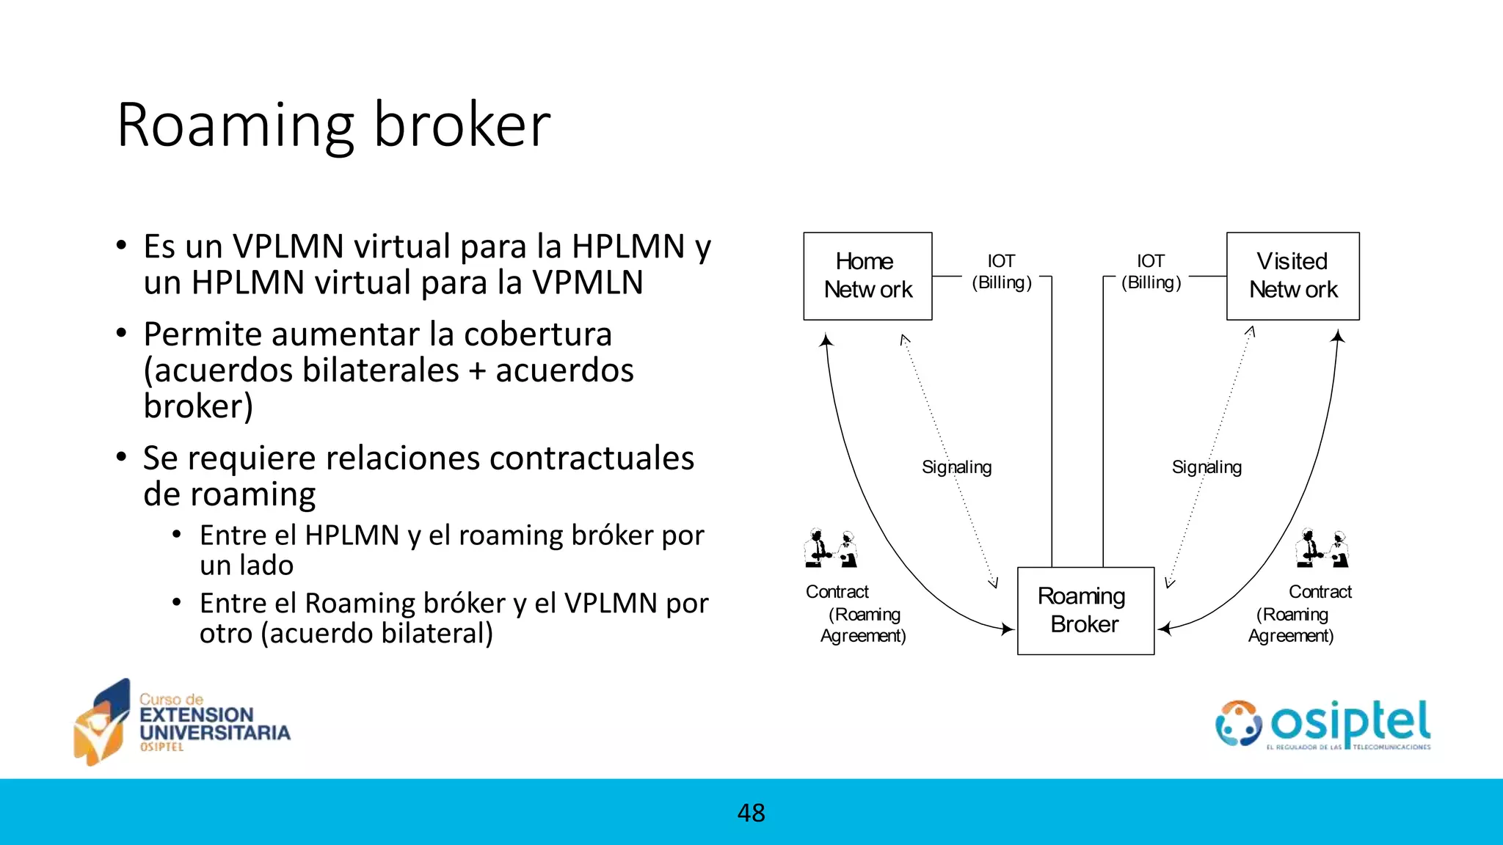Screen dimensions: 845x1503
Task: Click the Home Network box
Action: pos(867,276)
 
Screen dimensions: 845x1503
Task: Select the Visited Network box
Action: pos(1292,276)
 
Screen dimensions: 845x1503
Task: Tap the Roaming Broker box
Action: pos(1085,610)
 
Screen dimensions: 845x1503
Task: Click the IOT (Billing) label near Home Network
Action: pos(1002,272)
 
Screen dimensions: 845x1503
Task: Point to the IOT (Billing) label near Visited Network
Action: pos(1151,272)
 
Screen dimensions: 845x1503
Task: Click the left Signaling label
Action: pos(956,467)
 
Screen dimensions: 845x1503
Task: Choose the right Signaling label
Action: pos(1207,467)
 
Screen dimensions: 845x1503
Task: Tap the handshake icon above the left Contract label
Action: pos(831,548)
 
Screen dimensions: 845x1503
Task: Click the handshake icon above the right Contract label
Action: pos(1322,548)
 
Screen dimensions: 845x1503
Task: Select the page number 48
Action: pos(751,813)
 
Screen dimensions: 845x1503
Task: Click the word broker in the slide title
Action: pos(462,125)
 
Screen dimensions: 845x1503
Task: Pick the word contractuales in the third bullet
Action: pos(591,458)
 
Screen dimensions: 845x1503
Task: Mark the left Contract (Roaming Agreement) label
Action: pos(856,613)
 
